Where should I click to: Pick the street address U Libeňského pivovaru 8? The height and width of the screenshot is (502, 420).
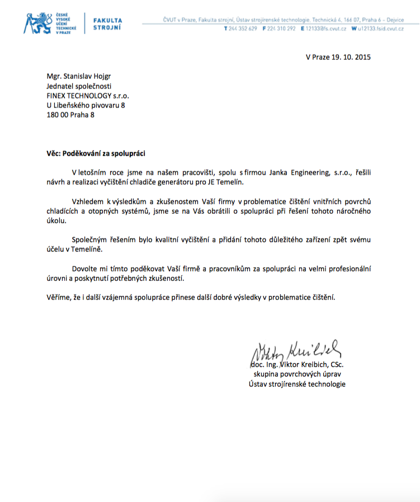(86, 105)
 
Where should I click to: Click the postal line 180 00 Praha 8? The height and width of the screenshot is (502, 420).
(70, 115)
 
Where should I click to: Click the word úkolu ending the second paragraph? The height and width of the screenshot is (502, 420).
(56, 220)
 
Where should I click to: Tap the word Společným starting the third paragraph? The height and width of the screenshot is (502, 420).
(90, 240)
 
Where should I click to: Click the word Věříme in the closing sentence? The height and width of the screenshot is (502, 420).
(58, 297)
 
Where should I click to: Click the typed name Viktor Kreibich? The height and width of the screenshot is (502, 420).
(302, 365)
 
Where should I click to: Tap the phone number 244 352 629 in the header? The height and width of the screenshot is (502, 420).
(242, 28)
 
